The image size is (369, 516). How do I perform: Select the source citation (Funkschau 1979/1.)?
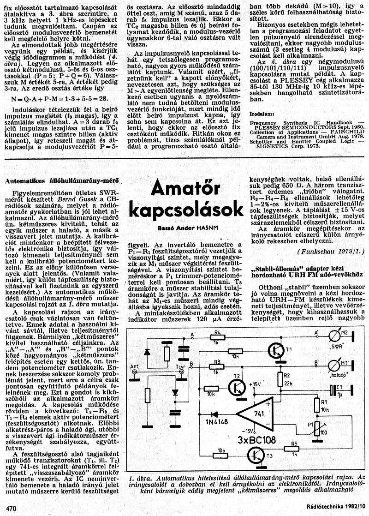[x=331, y=251]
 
